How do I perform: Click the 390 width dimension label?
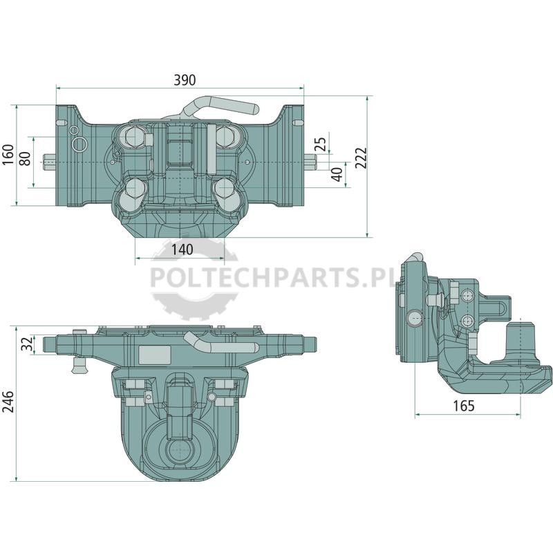pos(185,80)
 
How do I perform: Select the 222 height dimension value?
pos(361,158)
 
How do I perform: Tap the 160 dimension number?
pos(8,154)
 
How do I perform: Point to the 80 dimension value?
pos(25,158)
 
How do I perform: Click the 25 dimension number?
pos(321,144)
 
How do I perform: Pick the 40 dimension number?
pos(337,175)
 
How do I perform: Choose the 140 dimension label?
pos(182,250)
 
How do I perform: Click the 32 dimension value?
pos(27,344)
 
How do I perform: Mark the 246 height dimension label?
pos(8,402)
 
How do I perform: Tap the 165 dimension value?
pos(463,406)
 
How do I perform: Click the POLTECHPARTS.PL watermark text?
pos(272,277)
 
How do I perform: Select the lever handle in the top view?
pos(222,105)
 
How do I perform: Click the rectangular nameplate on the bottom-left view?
pos(155,355)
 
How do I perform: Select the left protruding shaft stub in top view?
pos(50,162)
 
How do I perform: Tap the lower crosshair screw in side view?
pos(467,321)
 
